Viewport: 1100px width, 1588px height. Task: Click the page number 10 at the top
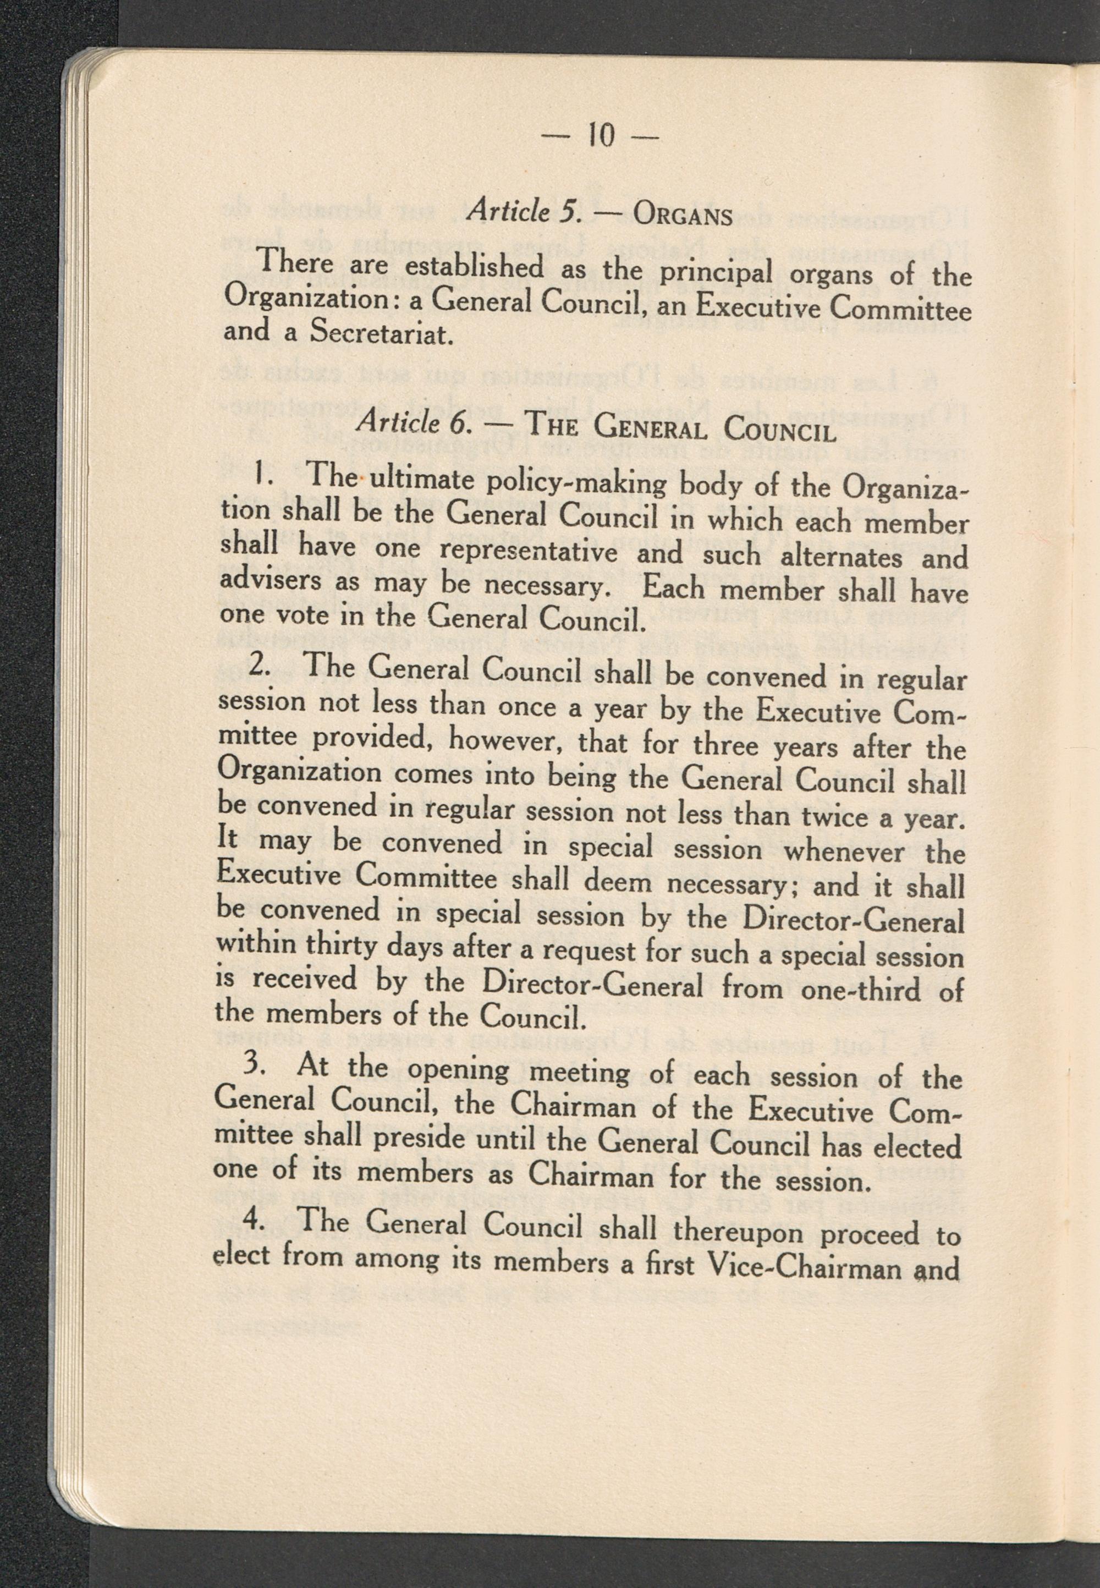[600, 136]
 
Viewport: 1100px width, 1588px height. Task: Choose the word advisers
[272, 580]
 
